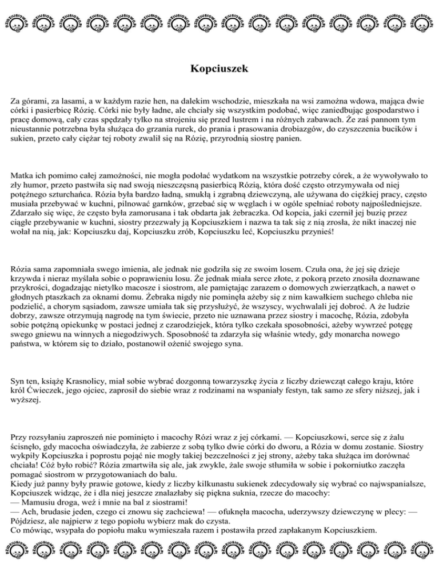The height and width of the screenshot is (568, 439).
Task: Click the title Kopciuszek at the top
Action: (x=219, y=70)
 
